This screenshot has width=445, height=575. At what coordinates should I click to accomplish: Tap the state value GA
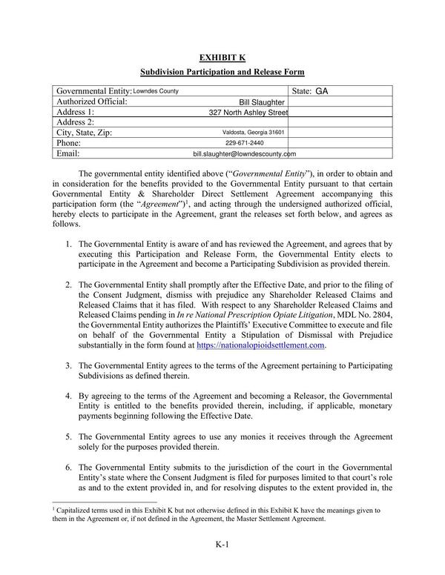[x=321, y=92]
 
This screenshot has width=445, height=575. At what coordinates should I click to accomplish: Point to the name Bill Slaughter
[x=262, y=102]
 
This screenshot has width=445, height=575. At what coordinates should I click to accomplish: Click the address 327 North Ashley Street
[x=248, y=113]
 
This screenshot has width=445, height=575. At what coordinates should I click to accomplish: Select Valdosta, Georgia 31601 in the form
[x=254, y=133]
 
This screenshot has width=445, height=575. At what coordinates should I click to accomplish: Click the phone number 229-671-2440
[x=244, y=143]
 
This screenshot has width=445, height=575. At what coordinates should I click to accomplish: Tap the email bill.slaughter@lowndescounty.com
[x=244, y=154]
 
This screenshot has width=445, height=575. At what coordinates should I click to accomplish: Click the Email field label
[x=68, y=153]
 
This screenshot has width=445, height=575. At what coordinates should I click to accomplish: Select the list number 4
[x=67, y=396]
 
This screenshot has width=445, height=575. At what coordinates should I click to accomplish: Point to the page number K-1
[x=222, y=545]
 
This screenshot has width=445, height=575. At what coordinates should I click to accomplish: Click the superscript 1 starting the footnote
[x=54, y=508]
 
